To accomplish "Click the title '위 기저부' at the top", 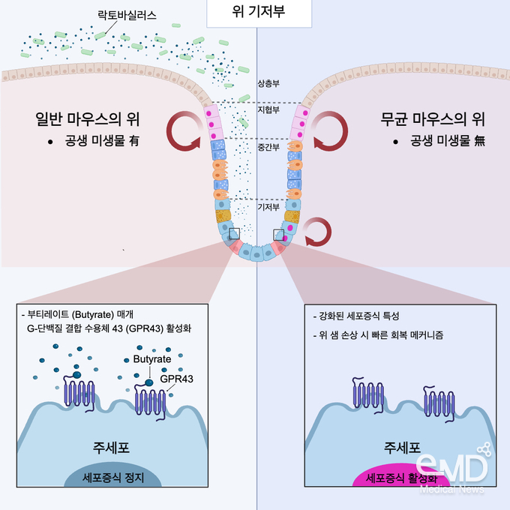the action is (x=259, y=11).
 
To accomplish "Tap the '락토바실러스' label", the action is (x=127, y=15).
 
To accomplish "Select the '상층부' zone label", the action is (x=268, y=83).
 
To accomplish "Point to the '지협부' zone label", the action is (x=268, y=109).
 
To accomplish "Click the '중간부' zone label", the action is (x=268, y=147).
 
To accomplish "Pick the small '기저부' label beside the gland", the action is (x=268, y=207).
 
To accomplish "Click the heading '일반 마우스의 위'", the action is (x=88, y=119).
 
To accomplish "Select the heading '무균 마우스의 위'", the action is (x=433, y=119).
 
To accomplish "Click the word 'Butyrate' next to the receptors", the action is (x=152, y=359).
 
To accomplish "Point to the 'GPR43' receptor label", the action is (x=176, y=379).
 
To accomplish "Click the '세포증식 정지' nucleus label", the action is (x=112, y=478).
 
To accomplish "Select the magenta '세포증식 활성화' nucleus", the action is (x=401, y=475).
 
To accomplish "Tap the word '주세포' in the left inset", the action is (x=111, y=448).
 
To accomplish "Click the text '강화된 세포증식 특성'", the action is (x=356, y=316).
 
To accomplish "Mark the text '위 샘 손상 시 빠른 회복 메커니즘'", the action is (x=378, y=335).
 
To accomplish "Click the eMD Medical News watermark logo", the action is (x=453, y=467).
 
